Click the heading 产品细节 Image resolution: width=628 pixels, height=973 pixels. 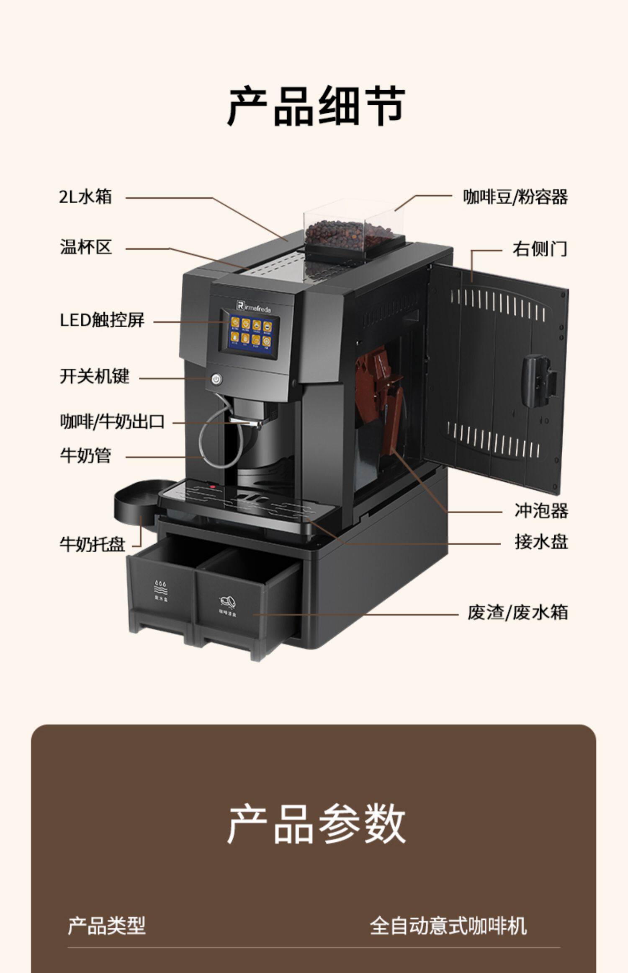[316, 106]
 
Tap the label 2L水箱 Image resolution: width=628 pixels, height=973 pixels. [85, 197]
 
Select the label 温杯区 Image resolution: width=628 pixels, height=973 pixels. [86, 247]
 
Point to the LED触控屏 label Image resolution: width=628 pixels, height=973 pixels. [102, 320]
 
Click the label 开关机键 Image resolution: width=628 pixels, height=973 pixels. [95, 376]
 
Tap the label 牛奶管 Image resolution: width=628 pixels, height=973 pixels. [85, 455]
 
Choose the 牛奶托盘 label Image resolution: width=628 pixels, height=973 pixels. [93, 544]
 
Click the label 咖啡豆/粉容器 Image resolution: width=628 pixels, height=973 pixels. [515, 197]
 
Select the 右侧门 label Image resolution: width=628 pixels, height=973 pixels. [540, 248]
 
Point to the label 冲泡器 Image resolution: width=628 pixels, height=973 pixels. [541, 510]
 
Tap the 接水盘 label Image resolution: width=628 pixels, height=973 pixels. [541, 542]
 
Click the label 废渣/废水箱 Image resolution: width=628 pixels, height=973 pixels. [518, 613]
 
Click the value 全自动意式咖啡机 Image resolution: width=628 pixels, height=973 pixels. [448, 926]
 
